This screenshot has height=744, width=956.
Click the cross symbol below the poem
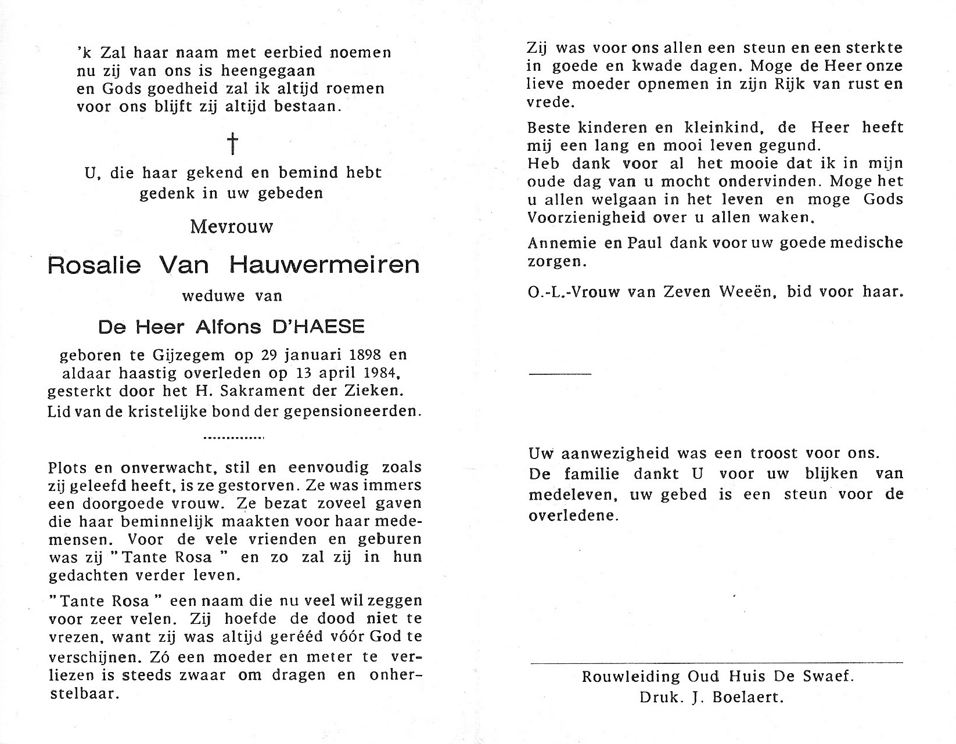(x=232, y=143)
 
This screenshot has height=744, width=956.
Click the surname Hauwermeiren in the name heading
(x=324, y=265)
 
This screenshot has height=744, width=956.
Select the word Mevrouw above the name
(x=232, y=226)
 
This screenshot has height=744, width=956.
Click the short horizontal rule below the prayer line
(x=560, y=374)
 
